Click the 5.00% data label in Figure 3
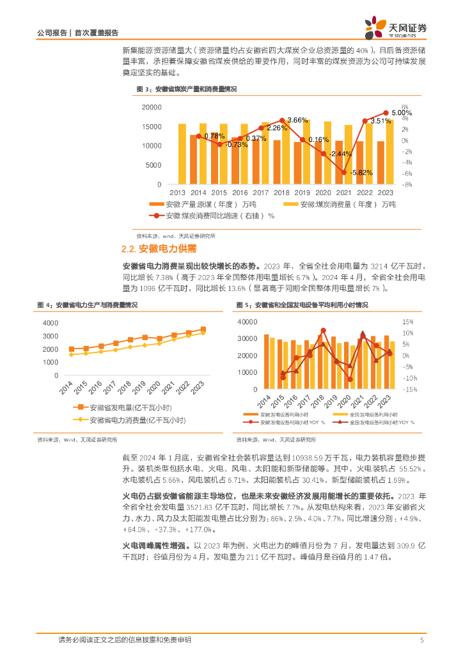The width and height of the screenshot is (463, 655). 402,113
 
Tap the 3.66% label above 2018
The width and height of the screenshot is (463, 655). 297,120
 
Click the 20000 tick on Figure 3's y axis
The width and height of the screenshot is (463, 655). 151,107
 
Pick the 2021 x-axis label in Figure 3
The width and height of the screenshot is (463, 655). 345,193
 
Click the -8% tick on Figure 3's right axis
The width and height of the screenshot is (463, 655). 405,184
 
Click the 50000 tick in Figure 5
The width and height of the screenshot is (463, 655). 247,322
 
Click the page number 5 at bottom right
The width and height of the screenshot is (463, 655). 421,640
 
